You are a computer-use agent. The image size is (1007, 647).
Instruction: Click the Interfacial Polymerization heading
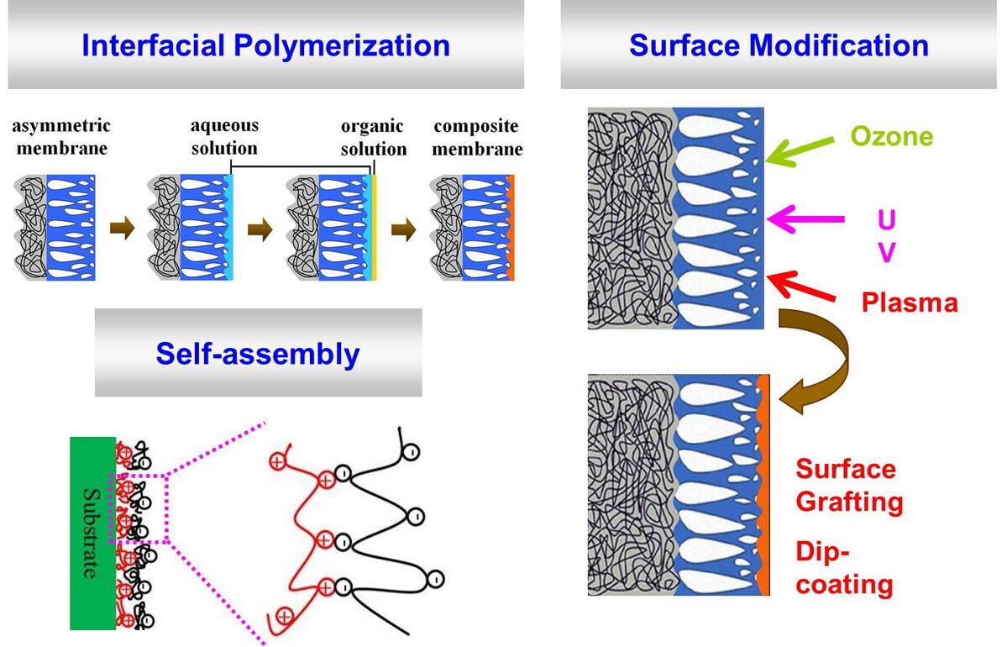(265, 45)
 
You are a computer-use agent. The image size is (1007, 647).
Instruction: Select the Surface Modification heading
(779, 45)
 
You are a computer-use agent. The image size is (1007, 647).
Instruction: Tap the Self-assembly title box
(258, 353)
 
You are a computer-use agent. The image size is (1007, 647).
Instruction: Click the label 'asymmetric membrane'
(60, 138)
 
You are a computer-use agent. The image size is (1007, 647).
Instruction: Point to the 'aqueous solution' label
(224, 137)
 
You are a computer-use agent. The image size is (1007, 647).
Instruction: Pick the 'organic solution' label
(373, 138)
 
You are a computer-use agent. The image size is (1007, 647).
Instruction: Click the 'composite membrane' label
(477, 138)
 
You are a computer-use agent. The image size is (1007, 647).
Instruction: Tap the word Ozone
(892, 136)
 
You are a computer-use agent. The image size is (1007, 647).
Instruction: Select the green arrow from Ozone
(798, 149)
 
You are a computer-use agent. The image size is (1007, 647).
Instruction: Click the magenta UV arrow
(805, 219)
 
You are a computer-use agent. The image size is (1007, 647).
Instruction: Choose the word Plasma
(910, 302)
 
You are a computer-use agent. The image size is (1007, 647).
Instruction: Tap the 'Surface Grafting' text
(848, 486)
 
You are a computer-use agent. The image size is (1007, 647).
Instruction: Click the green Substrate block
(92, 533)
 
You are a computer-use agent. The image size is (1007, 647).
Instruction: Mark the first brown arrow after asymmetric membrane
(122, 229)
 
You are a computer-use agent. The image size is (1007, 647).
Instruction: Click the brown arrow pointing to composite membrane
(404, 229)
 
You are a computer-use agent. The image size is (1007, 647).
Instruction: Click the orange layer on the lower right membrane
(763, 487)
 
